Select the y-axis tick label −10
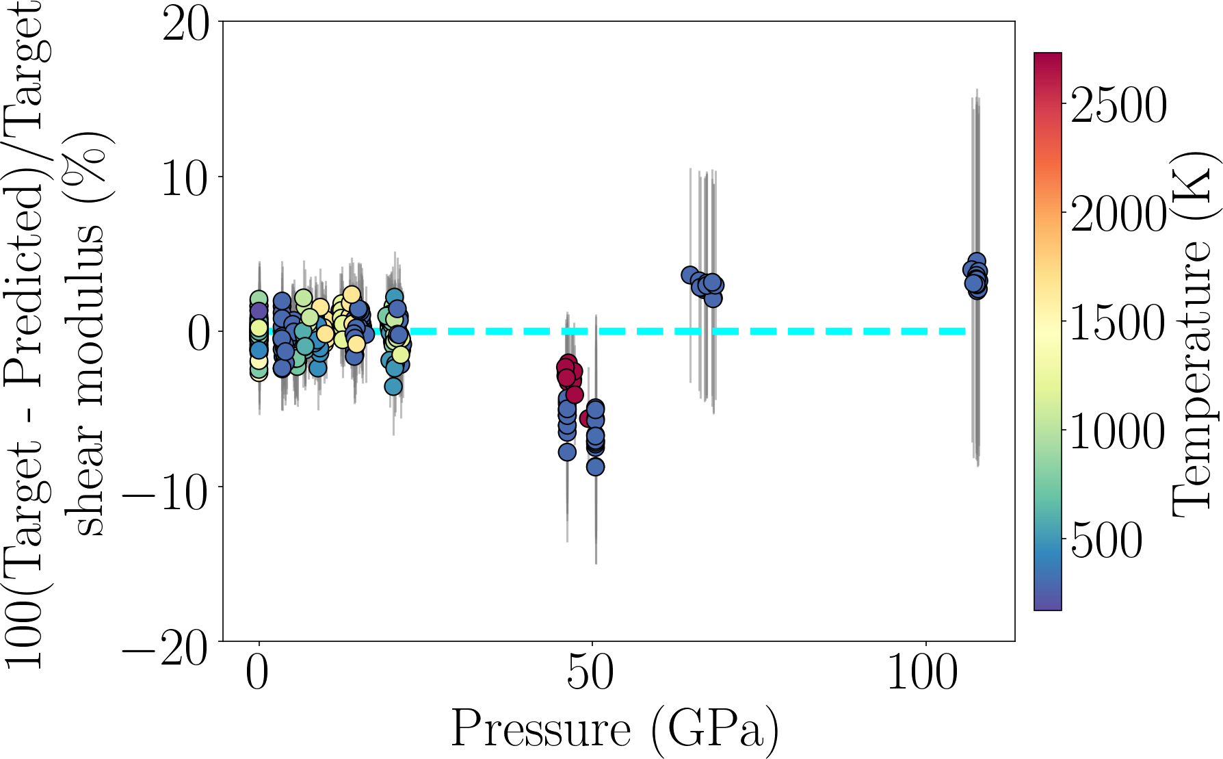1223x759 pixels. pos(165,489)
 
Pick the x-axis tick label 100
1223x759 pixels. pos(923,675)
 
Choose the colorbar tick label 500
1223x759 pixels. pos(1107,541)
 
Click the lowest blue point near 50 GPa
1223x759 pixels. pos(595,467)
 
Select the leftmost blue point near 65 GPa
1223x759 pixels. pos(689,275)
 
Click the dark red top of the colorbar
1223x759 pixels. pos(1048,58)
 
